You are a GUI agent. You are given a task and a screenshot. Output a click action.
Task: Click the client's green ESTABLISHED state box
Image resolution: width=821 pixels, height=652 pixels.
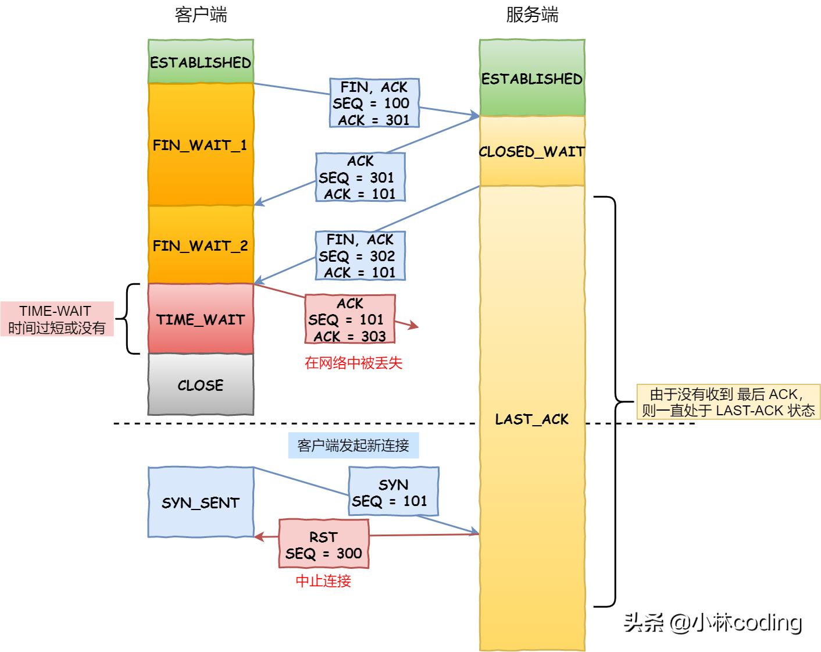[201, 62]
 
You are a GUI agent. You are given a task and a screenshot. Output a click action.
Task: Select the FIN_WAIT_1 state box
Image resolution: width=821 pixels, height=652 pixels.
[201, 144]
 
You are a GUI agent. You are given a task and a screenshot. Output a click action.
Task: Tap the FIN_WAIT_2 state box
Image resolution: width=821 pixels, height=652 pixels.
[201, 245]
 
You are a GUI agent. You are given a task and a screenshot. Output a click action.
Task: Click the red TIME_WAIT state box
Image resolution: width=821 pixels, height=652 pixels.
[201, 319]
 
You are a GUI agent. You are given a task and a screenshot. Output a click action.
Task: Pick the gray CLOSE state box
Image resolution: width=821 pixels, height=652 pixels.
[201, 384]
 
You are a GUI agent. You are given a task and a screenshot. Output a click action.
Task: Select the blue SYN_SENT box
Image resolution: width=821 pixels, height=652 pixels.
[201, 503]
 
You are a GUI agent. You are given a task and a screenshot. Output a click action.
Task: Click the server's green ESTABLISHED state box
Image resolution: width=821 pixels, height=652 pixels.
[531, 78]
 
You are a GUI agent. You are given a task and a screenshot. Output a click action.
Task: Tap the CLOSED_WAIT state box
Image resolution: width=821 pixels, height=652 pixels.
[531, 151]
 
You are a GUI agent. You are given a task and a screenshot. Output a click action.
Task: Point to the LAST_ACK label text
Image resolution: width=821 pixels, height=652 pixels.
[531, 419]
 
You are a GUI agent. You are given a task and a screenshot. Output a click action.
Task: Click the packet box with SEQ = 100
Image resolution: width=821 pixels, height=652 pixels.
[374, 104]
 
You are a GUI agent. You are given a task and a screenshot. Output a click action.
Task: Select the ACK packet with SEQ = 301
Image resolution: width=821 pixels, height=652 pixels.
[360, 177]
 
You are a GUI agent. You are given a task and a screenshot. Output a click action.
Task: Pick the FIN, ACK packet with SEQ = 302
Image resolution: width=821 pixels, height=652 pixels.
[360, 256]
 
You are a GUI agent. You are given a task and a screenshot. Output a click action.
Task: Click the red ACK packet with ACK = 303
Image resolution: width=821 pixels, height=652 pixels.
[350, 319]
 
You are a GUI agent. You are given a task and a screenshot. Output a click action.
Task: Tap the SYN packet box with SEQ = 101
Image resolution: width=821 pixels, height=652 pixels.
[393, 492]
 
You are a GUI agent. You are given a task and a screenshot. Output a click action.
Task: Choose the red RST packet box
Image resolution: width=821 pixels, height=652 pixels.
[324, 544]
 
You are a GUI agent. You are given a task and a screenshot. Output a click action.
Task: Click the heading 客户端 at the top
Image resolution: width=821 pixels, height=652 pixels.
[201, 15]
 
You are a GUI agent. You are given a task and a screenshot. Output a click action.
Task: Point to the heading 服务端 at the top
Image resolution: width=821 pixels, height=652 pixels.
[531, 15]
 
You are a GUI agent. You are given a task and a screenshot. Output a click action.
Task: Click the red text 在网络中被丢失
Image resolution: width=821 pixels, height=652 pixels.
[354, 363]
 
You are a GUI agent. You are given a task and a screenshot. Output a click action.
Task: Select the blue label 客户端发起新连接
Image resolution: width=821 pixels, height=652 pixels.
[353, 446]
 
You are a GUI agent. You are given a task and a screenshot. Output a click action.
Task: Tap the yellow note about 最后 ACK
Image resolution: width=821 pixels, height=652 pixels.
[728, 402]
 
